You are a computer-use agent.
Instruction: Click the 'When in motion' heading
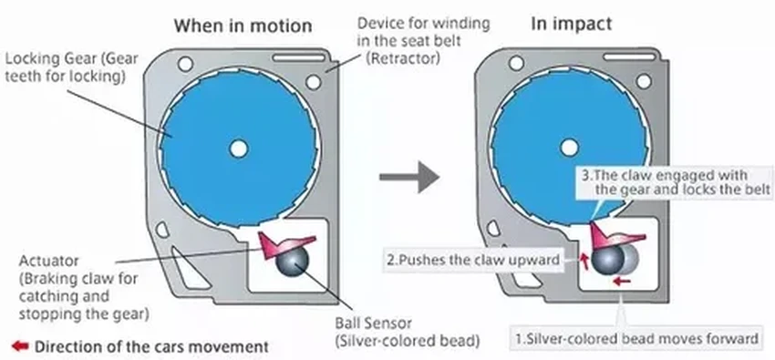click(x=243, y=26)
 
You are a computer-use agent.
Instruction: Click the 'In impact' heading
click(x=572, y=24)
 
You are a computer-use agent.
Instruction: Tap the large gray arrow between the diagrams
click(x=409, y=176)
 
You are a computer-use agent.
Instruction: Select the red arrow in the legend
click(x=20, y=346)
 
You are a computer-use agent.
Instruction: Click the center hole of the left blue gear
click(x=238, y=149)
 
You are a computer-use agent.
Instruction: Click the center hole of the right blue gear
click(x=569, y=147)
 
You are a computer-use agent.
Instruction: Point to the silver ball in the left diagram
click(x=293, y=261)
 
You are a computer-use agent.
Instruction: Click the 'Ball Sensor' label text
click(x=373, y=324)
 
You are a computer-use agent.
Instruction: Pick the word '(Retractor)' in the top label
click(x=403, y=58)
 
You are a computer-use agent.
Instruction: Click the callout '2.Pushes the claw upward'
click(x=474, y=259)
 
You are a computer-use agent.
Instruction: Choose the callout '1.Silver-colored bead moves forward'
click(x=637, y=339)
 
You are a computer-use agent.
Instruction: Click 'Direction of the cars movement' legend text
click(x=151, y=346)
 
